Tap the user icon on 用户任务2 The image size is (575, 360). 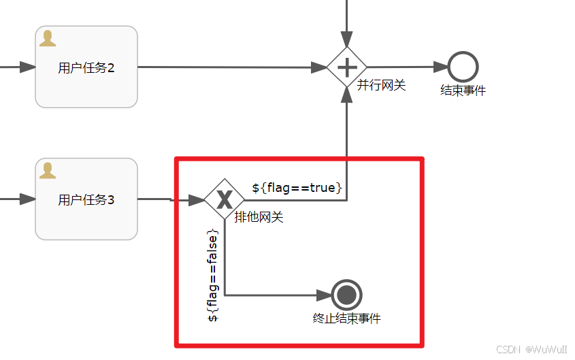tap(47, 38)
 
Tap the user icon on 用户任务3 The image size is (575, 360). tap(47, 170)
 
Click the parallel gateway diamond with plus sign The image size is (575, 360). tap(347, 67)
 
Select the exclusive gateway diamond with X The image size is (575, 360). tap(225, 199)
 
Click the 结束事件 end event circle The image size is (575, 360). tap(463, 67)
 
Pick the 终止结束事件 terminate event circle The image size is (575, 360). tap(347, 295)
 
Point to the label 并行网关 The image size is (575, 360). tap(381, 85)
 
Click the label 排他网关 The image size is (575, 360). tap(259, 218)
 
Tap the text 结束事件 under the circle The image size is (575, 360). tap(463, 91)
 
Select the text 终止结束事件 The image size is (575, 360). tap(347, 318)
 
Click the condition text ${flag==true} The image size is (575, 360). tap(297, 187)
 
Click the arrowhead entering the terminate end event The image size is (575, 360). tap(325, 295)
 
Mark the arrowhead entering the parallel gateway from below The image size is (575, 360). tap(347, 95)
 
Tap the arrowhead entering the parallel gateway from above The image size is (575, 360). tap(347, 39)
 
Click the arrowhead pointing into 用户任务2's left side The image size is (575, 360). tap(27, 67)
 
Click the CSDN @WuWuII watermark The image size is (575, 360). tap(531, 349)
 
